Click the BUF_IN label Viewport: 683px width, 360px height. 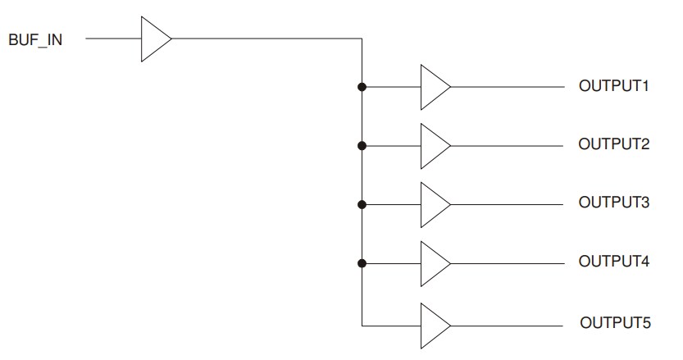click(35, 39)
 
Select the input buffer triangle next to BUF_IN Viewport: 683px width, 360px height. click(154, 39)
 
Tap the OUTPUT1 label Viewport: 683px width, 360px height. click(615, 86)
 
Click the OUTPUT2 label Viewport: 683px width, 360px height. click(615, 145)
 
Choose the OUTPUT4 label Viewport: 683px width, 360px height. click(615, 262)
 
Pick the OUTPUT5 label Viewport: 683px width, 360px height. click(615, 323)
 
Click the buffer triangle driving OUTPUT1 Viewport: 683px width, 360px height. click(433, 86)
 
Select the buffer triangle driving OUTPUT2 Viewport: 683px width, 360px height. click(433, 145)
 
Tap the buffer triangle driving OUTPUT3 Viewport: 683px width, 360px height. click(433, 204)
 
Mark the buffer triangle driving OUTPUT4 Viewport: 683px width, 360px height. click(433, 263)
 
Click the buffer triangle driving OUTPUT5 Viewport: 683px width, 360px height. click(433, 324)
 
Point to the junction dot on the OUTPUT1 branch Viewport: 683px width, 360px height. click(362, 86)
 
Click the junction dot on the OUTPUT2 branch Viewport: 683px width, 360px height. click(362, 145)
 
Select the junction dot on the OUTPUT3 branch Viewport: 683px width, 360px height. click(362, 204)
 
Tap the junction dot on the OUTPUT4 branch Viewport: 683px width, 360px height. click(362, 263)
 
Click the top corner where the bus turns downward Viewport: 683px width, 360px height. click(362, 39)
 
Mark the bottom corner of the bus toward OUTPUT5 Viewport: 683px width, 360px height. click(362, 324)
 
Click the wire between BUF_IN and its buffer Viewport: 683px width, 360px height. click(113, 39)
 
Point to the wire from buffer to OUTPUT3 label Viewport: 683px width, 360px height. click(508, 204)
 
